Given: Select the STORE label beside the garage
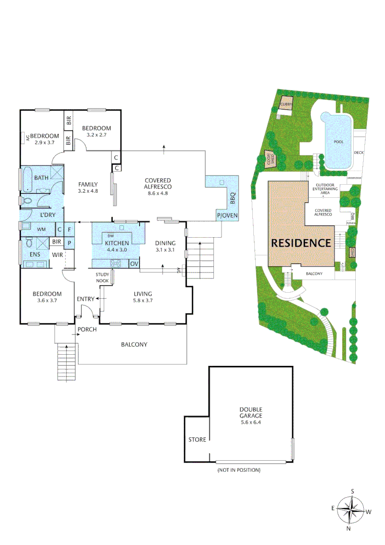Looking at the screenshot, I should pyautogui.click(x=197, y=440).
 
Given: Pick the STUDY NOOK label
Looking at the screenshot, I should pyautogui.click(x=102, y=277).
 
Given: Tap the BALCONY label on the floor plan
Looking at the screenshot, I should pyautogui.click(x=134, y=345).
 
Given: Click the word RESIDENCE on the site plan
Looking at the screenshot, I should pyautogui.click(x=301, y=243).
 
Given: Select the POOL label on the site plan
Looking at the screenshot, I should pyautogui.click(x=339, y=142).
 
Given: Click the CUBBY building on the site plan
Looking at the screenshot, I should pyautogui.click(x=286, y=104).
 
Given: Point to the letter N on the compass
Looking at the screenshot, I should pyautogui.click(x=349, y=529).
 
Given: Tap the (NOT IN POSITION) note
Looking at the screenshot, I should pyautogui.click(x=239, y=470).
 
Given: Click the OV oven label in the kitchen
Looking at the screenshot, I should pyautogui.click(x=134, y=263).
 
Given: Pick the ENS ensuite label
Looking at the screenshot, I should pyautogui.click(x=35, y=254).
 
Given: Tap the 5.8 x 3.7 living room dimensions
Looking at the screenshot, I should pyautogui.click(x=143, y=301).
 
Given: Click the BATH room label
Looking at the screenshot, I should pyautogui.click(x=41, y=178).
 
